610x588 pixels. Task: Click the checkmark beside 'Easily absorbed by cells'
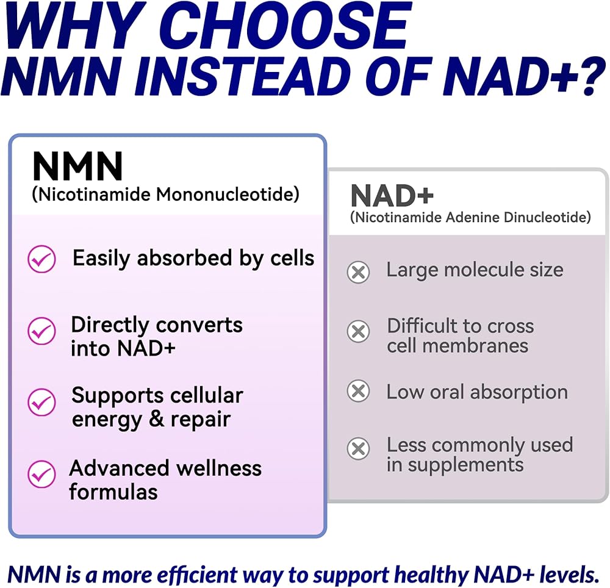click(x=41, y=259)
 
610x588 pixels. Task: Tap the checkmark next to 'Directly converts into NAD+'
click(x=41, y=331)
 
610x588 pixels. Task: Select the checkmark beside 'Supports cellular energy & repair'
click(x=41, y=402)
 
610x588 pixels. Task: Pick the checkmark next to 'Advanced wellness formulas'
click(x=41, y=474)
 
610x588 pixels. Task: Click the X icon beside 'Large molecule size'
click(x=358, y=272)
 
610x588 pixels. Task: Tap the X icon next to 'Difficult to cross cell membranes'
click(x=358, y=331)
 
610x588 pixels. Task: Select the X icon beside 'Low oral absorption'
click(x=358, y=391)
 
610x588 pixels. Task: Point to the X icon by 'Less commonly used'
click(x=358, y=448)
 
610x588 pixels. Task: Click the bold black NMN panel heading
click(x=78, y=167)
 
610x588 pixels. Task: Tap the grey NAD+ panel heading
click(x=392, y=196)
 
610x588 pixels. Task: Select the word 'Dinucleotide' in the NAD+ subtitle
click(x=547, y=217)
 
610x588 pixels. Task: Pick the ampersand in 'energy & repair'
click(x=156, y=419)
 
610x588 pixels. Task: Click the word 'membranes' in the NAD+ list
click(x=475, y=346)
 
